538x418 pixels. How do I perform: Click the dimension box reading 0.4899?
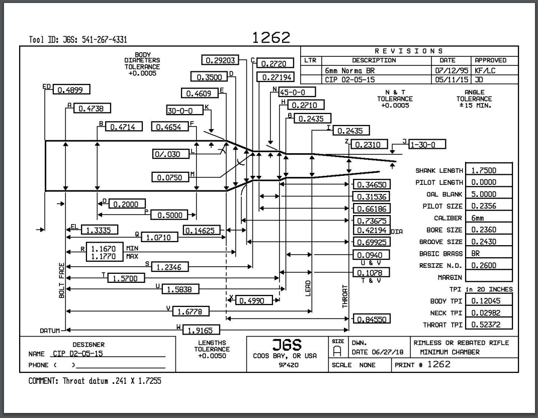pos(71,90)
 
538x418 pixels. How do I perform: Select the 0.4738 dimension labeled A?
pos(92,108)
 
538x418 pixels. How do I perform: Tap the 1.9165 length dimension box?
pos(200,330)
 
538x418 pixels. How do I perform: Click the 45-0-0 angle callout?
pos(297,92)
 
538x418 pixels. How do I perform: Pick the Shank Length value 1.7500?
pos(488,170)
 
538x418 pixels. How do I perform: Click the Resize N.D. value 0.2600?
pos(488,265)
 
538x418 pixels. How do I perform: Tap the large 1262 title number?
pos(271,38)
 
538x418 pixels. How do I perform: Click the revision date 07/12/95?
pos(449,71)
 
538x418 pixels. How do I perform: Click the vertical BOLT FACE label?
pos(61,280)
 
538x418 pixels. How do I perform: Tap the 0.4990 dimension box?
pos(253,300)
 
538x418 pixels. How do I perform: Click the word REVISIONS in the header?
pos(409,51)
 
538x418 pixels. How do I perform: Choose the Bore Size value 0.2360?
pos(488,230)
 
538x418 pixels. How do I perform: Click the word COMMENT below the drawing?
pos(45,381)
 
